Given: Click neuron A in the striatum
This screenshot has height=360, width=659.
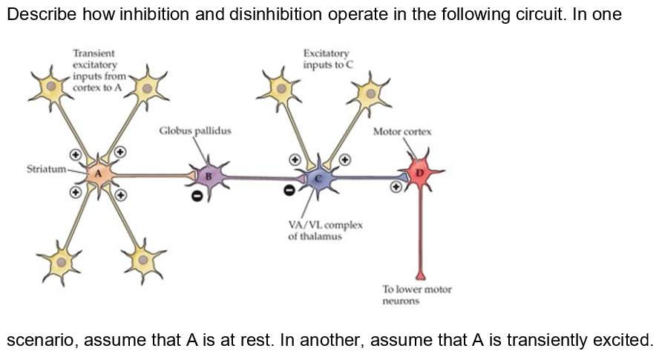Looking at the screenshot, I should (x=97, y=174).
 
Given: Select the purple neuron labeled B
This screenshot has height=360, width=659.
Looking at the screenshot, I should (x=209, y=176).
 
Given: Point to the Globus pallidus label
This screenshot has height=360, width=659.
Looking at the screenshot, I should (x=195, y=131).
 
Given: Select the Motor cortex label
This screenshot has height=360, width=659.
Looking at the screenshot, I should (x=401, y=131).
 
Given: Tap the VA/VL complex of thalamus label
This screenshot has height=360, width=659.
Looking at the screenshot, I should (x=321, y=230).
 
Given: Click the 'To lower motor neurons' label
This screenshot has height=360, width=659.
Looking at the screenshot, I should (x=416, y=295).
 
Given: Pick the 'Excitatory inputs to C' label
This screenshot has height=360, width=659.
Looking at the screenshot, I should (x=327, y=59).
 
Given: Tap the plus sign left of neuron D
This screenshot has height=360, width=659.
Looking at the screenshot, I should (x=398, y=187).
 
